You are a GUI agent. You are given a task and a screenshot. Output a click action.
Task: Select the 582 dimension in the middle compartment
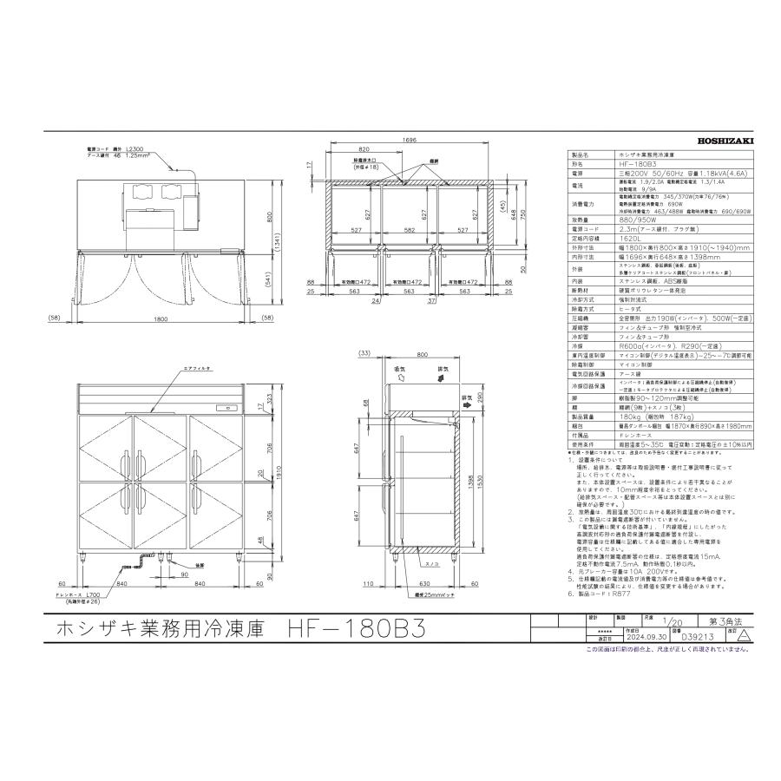(409, 230)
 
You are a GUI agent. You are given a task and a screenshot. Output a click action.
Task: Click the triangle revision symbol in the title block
(744, 634)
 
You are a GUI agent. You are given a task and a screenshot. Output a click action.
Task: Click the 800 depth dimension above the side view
(422, 356)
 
